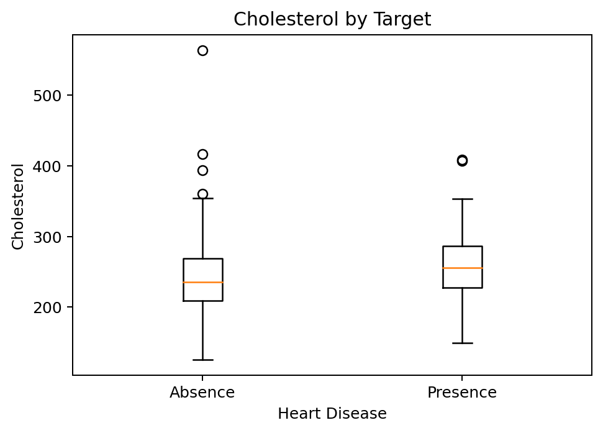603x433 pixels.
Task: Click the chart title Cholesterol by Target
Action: pyautogui.click(x=332, y=19)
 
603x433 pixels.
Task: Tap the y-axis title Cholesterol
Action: pyautogui.click(x=18, y=206)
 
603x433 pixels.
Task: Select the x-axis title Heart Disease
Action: pyautogui.click(x=332, y=413)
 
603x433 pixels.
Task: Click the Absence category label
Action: pyautogui.click(x=202, y=393)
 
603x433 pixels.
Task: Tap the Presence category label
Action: pyautogui.click(x=461, y=393)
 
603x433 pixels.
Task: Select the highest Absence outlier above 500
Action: pyautogui.click(x=202, y=50)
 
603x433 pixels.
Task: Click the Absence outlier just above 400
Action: pyautogui.click(x=202, y=154)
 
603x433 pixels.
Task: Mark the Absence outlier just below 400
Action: pyautogui.click(x=202, y=170)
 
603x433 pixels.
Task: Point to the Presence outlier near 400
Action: pyautogui.click(x=462, y=160)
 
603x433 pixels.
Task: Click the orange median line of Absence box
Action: pyautogui.click(x=202, y=282)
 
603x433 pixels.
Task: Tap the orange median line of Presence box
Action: pyautogui.click(x=462, y=268)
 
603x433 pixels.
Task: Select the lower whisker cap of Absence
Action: pyautogui.click(x=202, y=360)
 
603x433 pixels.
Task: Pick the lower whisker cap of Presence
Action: pyautogui.click(x=462, y=343)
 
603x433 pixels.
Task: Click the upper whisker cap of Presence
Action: pyautogui.click(x=462, y=199)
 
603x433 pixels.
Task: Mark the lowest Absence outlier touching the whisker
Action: pyautogui.click(x=202, y=194)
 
